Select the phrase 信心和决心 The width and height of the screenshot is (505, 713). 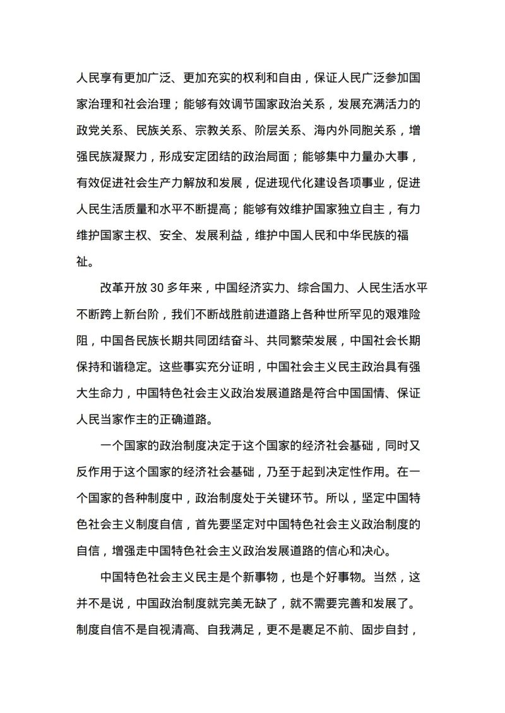[355, 549]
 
